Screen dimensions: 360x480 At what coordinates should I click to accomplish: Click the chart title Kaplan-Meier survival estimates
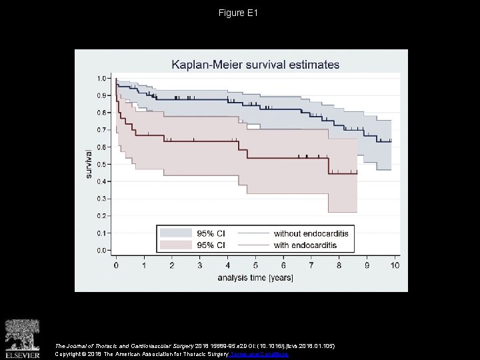coord(255,65)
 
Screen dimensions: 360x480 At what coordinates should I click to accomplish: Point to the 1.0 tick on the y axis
coord(100,78)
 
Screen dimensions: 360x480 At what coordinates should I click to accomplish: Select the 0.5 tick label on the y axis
coord(100,164)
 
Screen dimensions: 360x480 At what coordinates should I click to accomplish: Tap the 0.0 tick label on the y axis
coord(100,250)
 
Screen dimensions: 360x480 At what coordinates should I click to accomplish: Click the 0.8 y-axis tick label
coord(100,113)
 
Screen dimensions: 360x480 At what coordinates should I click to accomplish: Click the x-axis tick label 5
coord(255,265)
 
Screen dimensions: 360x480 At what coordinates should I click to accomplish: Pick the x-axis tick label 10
coord(394,265)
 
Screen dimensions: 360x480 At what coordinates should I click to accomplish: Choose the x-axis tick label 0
coord(117,265)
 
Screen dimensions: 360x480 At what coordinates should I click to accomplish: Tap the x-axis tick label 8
coord(339,265)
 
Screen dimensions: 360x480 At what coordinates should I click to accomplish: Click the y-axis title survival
coord(88,164)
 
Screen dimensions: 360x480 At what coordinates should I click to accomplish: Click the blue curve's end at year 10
coord(391,141)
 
